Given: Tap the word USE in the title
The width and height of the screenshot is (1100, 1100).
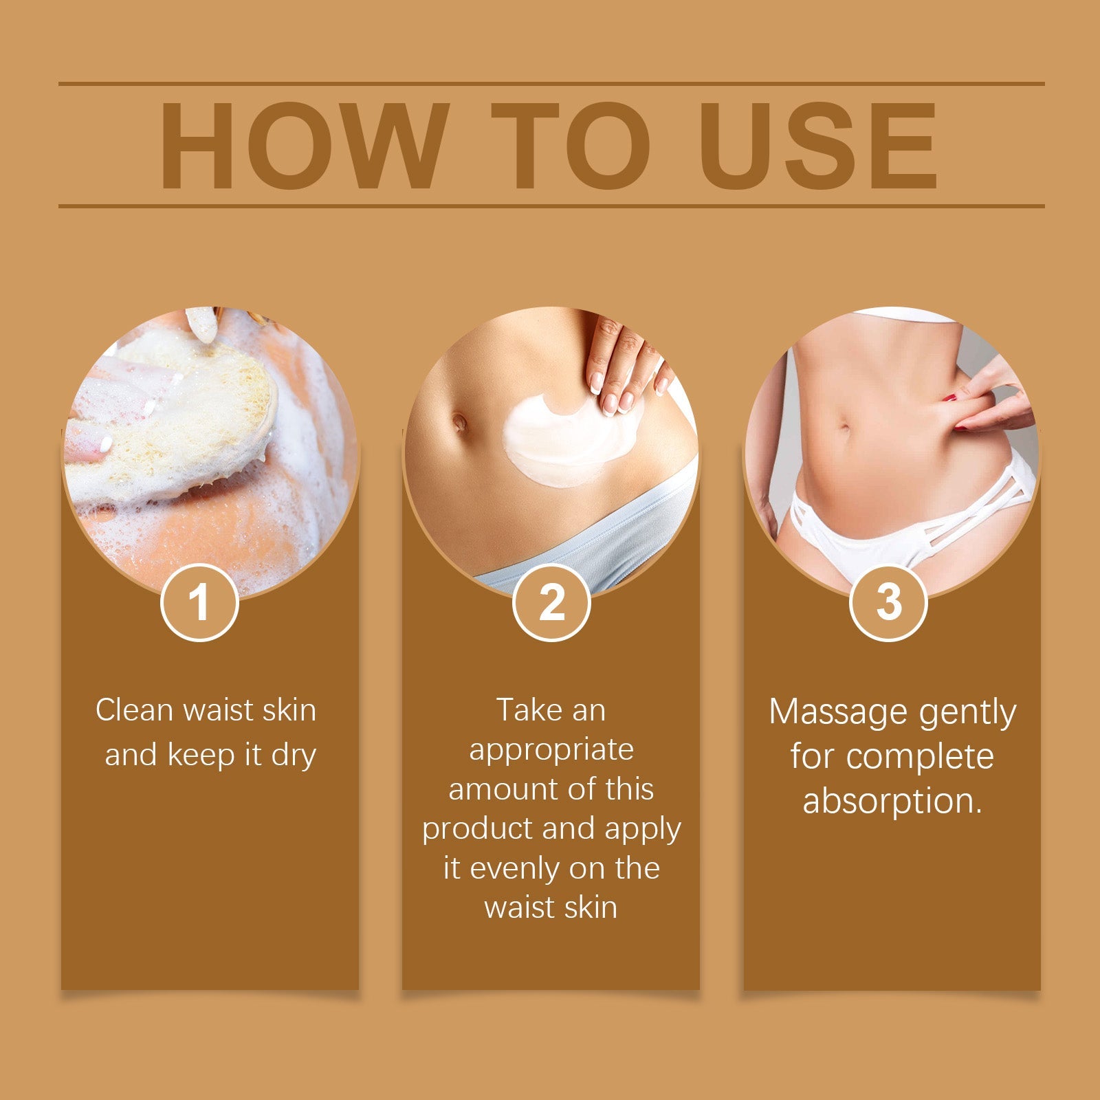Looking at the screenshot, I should click(818, 146).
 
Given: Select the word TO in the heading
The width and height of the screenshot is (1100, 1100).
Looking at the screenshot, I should click(571, 146).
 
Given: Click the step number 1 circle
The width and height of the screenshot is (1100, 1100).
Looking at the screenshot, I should click(199, 602).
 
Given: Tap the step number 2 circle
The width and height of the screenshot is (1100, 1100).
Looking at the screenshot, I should click(551, 602).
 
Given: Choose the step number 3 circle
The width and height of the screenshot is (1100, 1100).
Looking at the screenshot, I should click(889, 602).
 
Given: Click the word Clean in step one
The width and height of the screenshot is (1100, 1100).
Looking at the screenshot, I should click(133, 710).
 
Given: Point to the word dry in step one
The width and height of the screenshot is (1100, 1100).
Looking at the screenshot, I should click(294, 755).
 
